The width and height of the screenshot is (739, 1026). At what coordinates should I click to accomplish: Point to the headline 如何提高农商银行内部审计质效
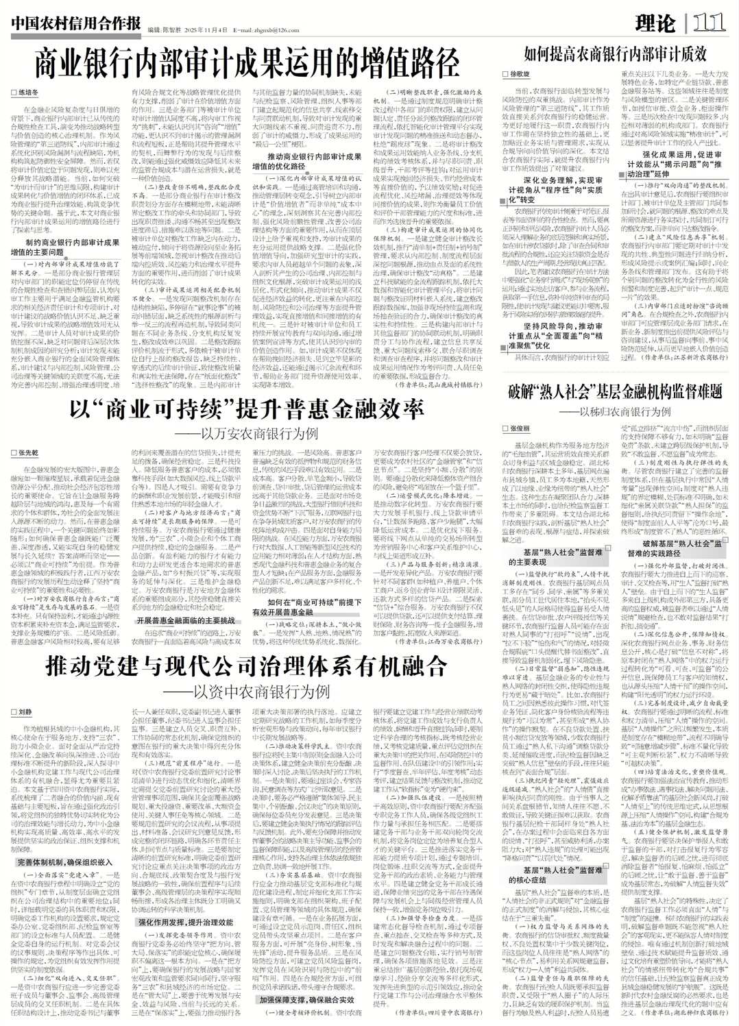tap(616, 53)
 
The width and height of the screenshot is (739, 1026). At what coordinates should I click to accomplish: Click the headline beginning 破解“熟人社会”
tap(616, 393)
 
